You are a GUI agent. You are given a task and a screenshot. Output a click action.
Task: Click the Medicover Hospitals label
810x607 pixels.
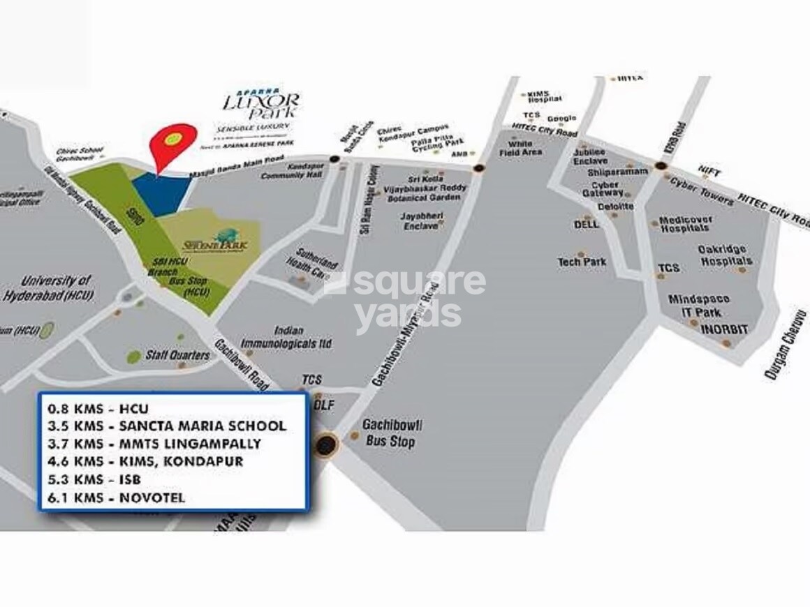[x=686, y=224]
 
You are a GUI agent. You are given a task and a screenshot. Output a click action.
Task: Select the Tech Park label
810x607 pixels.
[x=582, y=262]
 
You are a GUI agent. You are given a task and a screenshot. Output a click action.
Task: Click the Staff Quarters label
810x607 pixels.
[x=177, y=355]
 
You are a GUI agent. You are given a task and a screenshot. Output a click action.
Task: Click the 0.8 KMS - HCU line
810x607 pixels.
[x=97, y=408]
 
